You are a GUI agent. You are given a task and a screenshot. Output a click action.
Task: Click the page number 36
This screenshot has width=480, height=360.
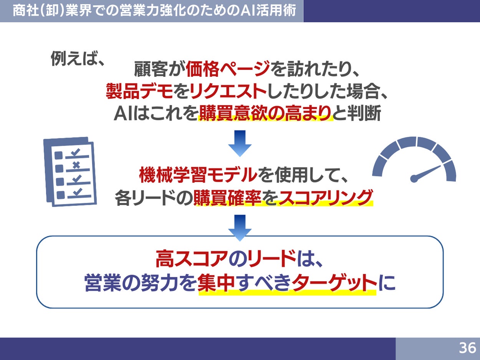pos(467,348)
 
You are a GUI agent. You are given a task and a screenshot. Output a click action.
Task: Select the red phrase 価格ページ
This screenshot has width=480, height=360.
pos(228,70)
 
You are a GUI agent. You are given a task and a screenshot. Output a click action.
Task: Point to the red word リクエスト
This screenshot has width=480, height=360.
pos(223,91)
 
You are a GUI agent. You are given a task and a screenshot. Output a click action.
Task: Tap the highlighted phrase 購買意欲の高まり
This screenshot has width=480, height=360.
pos(265,113)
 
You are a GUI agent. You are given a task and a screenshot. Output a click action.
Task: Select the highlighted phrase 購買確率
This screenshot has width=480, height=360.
pos(228,197)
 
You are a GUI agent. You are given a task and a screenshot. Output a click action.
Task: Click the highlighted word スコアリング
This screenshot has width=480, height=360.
pos(325,197)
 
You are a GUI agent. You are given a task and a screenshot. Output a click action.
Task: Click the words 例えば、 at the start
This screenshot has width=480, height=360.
pos(78,59)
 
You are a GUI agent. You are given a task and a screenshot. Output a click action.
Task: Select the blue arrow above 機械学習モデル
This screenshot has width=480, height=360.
pos(240,143)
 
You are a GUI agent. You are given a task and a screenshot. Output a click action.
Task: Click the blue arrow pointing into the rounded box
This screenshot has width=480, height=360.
pos(240,227)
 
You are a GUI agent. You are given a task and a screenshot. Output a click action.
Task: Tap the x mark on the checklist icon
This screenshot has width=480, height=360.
pos(76,165)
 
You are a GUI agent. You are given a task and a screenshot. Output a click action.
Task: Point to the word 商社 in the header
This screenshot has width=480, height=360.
pos(23,11)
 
